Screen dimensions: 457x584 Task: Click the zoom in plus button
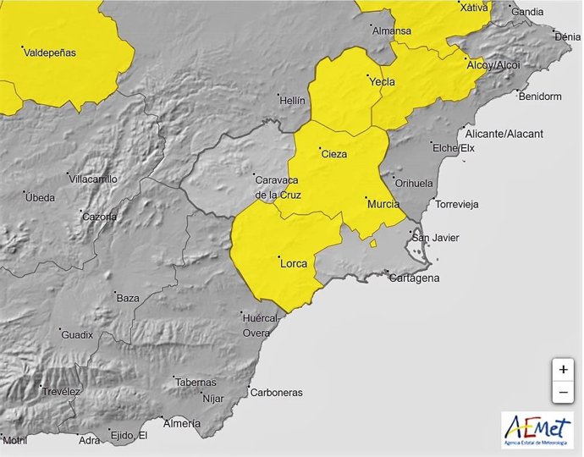click(563, 370)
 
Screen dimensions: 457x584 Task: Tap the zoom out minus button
click(563, 393)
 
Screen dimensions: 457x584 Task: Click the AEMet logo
click(536, 429)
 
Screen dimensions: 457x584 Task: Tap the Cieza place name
click(333, 154)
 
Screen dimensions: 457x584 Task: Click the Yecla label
click(382, 83)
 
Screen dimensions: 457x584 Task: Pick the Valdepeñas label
click(50, 52)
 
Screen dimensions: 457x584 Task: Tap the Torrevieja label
click(456, 204)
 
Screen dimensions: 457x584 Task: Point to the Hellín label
click(292, 100)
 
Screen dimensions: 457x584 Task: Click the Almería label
click(181, 422)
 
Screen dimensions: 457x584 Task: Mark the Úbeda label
click(41, 198)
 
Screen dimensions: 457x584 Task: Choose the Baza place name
click(128, 298)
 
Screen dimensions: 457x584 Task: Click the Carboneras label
click(276, 393)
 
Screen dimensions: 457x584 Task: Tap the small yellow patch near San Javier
click(372, 243)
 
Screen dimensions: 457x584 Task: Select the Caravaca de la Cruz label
click(278, 186)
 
